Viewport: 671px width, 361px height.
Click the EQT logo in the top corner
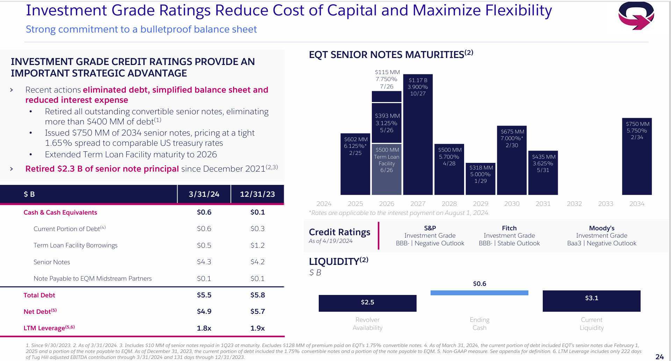636,16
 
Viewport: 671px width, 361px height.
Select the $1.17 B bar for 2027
418,140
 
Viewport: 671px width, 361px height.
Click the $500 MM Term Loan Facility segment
387,169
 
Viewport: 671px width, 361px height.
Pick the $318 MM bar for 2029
481,178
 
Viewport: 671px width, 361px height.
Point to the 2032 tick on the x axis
574,203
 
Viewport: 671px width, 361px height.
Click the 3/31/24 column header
204,194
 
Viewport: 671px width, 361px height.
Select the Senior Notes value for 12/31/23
258,262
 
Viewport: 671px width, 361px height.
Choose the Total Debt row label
39,295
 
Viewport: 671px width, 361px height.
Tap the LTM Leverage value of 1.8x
204,328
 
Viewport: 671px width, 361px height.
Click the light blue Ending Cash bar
479,293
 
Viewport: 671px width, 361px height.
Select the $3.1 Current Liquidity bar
591,301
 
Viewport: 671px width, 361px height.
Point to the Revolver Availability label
367,324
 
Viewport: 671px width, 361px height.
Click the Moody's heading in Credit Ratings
601,228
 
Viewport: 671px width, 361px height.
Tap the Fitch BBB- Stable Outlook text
509,243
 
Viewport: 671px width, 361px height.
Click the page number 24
659,356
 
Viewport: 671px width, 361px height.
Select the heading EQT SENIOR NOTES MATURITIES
387,55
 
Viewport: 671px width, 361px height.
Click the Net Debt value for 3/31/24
204,311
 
